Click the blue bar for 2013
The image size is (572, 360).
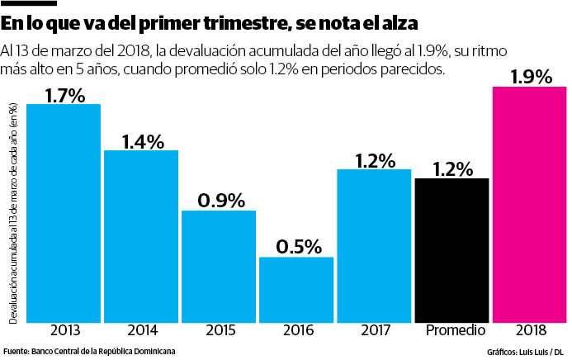[x=64, y=212]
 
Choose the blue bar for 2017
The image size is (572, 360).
[x=374, y=244]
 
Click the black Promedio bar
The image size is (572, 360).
[x=451, y=249]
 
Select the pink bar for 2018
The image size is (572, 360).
[x=530, y=203]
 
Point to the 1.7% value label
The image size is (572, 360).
[x=65, y=95]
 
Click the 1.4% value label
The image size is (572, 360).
[x=143, y=141]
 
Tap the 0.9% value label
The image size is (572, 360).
[x=220, y=201]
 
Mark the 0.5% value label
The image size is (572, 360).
[x=298, y=247]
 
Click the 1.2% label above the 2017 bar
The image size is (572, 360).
[x=376, y=159]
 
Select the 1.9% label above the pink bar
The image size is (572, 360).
[x=531, y=77]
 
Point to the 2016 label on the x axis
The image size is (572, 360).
[x=296, y=331]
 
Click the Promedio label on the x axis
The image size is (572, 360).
[x=452, y=331]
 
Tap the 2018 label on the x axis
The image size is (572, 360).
[x=530, y=331]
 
